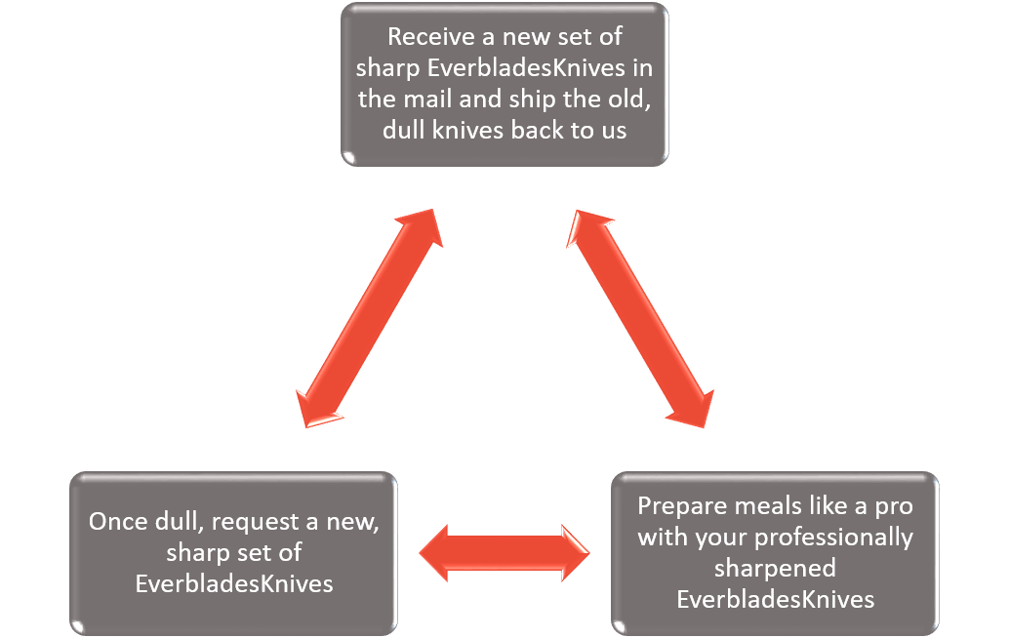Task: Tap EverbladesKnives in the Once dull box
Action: [234, 583]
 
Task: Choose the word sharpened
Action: [775, 568]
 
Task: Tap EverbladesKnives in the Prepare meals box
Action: [775, 599]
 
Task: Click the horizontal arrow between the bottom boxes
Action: [505, 552]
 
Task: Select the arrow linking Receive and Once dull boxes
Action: [369, 319]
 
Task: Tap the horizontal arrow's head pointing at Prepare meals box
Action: [573, 552]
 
